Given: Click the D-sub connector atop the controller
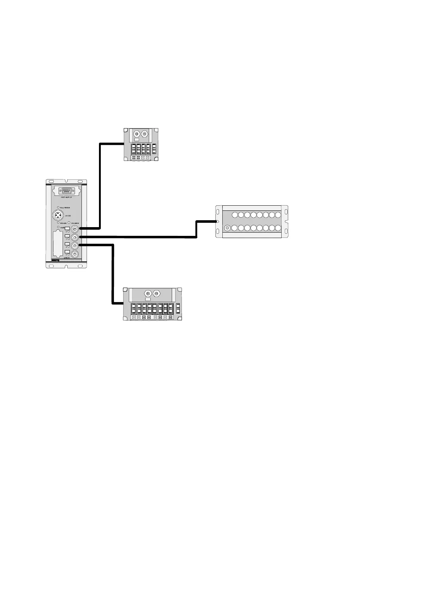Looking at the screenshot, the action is pos(66,191).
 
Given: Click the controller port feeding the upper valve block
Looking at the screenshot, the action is pos(75,229).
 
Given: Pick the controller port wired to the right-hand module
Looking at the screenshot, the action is pos(75,237).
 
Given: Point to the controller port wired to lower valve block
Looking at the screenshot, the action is pos(75,246).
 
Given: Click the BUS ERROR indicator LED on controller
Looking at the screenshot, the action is pos(58,207).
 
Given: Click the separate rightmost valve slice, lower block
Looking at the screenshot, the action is pos(178,308).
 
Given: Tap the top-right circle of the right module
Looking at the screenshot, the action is pos(278,215).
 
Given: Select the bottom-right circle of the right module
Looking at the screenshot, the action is pos(278,228).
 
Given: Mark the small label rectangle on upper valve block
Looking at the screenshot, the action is pos(136,139).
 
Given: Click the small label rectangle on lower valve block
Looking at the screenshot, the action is pos(147,299).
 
